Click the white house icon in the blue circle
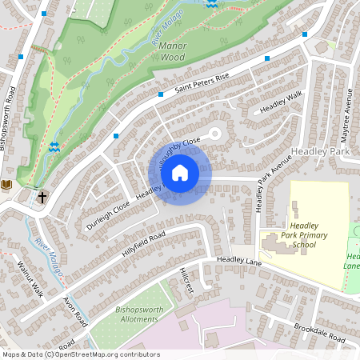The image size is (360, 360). pos(180,171)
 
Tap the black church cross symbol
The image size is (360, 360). pos(42,195)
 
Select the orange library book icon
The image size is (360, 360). pos(6,185)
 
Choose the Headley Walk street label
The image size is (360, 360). pos(282,104)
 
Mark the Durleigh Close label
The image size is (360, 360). pos(109,216)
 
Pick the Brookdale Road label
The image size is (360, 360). pos(318,334)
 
